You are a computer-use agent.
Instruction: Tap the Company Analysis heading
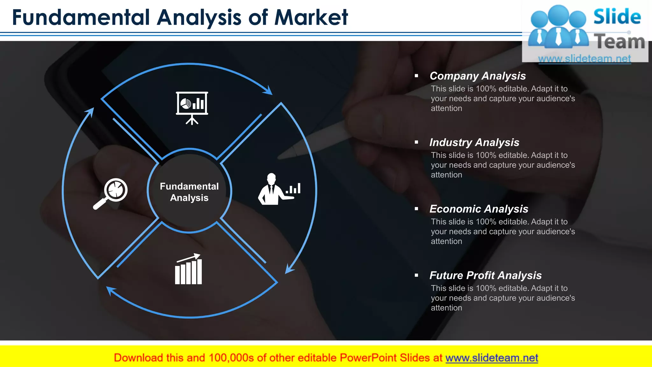478,76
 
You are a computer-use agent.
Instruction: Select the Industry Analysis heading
474,142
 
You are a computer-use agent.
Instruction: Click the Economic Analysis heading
478,209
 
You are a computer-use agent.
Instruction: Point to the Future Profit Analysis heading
485,275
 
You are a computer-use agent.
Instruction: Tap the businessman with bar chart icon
279,189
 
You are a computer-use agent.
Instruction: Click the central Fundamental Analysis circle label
189,192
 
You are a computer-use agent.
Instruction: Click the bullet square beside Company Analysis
416,76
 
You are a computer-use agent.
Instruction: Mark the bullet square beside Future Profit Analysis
416,275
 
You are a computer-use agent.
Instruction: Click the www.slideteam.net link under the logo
584,59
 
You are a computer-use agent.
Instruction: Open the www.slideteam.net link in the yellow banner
492,358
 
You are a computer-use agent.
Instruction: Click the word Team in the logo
620,42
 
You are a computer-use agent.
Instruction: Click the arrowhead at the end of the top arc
268,90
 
